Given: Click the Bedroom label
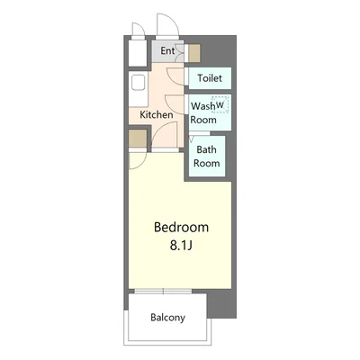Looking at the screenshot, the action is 181,228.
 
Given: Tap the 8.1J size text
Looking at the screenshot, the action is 181,246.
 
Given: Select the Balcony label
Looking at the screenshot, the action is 168,318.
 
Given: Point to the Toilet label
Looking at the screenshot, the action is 210,78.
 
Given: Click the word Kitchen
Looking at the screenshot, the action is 157,114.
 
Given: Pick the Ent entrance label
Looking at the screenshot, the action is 167,50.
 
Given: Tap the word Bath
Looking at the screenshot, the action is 206,149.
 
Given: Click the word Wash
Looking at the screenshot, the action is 203,106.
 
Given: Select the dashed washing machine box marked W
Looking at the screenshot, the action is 220,104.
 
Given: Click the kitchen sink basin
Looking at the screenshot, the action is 139,83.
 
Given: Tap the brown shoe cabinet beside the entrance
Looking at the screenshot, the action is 194,53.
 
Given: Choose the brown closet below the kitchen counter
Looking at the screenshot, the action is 138,139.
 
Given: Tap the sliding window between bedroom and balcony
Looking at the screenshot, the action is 163,291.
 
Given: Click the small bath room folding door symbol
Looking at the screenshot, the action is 192,139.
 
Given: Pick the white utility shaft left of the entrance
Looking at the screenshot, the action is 138,53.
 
